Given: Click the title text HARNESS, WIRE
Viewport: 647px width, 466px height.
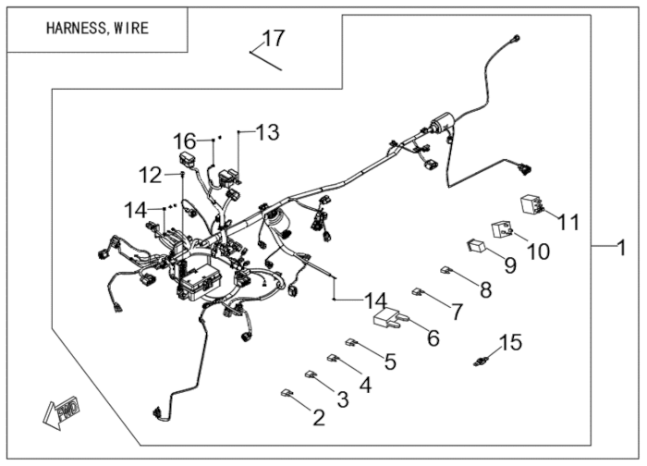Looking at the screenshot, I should (97, 28).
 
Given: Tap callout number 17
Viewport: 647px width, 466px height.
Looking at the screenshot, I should (274, 39).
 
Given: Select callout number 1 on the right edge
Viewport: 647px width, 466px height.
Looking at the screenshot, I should (631, 246).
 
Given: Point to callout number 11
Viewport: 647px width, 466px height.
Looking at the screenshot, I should (568, 223).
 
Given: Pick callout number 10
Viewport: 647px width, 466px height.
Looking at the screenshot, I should (538, 251).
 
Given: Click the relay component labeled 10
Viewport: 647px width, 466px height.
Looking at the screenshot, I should (502, 228).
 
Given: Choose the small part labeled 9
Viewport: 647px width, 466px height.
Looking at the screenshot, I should (476, 246).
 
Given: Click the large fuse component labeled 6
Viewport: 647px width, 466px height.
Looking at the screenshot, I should (388, 319).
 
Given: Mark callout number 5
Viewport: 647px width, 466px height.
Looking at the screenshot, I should (390, 361).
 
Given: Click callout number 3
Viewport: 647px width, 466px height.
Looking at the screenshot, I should (342, 399).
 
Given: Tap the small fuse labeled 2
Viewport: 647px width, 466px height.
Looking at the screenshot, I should (287, 393).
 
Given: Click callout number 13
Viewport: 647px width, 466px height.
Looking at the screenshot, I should (267, 133).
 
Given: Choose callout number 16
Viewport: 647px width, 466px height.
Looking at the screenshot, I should (186, 141).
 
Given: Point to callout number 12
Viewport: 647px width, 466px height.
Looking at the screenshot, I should (150, 174).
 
